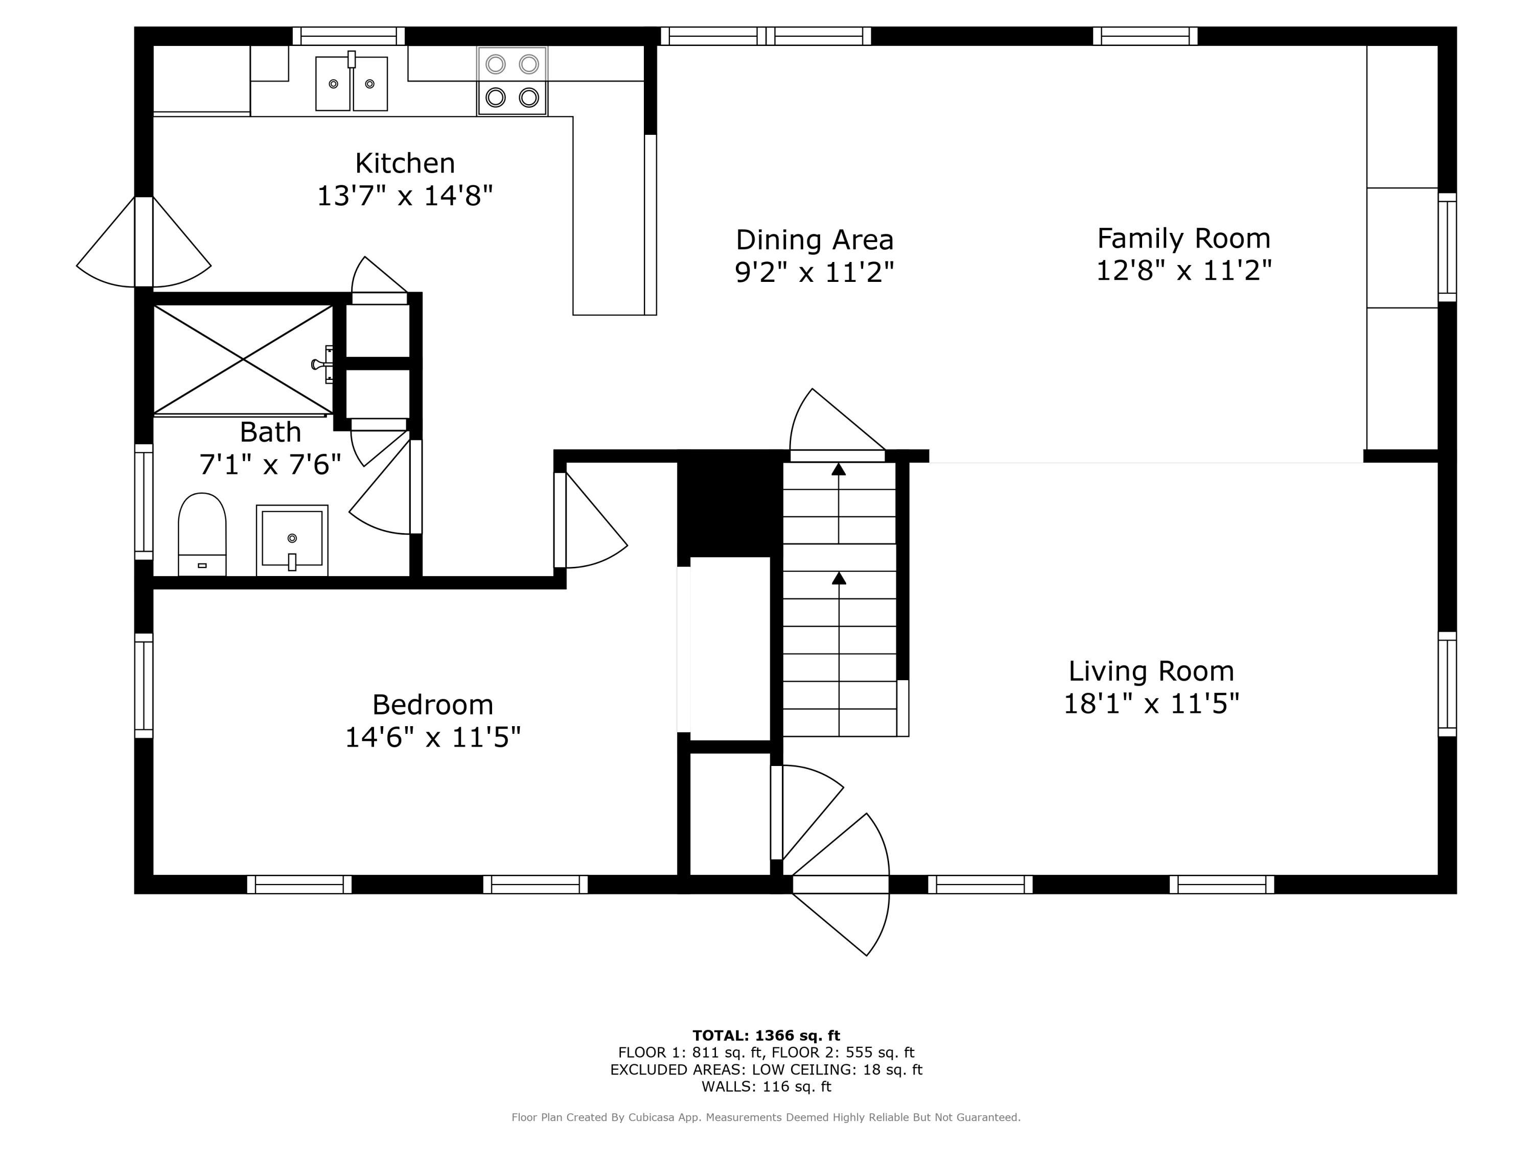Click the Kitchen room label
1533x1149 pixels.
coord(405,163)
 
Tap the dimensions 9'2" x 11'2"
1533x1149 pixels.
coord(815,272)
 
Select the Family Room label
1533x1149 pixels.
coord(1183,238)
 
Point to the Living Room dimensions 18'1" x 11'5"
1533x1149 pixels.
coord(1151,704)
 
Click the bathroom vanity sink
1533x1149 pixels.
coord(292,540)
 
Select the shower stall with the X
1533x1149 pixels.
coord(243,360)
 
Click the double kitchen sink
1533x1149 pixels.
coord(352,83)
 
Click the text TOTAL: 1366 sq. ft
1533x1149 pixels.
coord(766,1036)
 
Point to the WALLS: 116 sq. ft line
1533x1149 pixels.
coord(766,1087)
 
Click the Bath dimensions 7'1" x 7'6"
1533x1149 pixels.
coord(270,464)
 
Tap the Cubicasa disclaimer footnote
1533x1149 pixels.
coord(766,1117)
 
